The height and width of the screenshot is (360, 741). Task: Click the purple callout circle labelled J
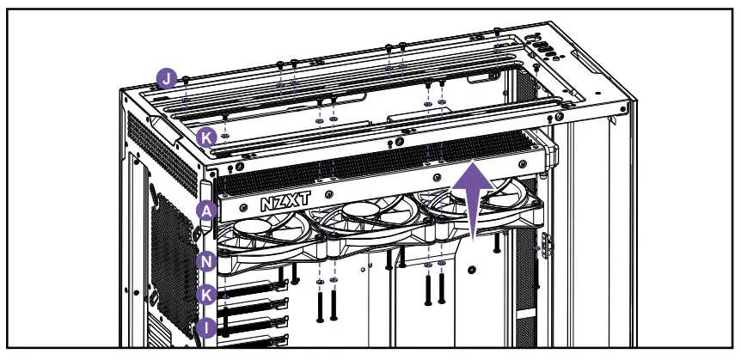click(x=167, y=80)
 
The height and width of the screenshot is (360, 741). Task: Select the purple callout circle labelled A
click(x=206, y=211)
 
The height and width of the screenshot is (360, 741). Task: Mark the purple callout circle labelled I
click(x=206, y=327)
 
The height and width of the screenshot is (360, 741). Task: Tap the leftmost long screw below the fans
click(x=320, y=305)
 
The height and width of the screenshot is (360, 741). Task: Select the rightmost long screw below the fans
click(x=441, y=292)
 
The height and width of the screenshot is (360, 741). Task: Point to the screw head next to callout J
click(x=186, y=79)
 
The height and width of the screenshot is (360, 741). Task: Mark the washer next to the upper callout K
click(x=224, y=135)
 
